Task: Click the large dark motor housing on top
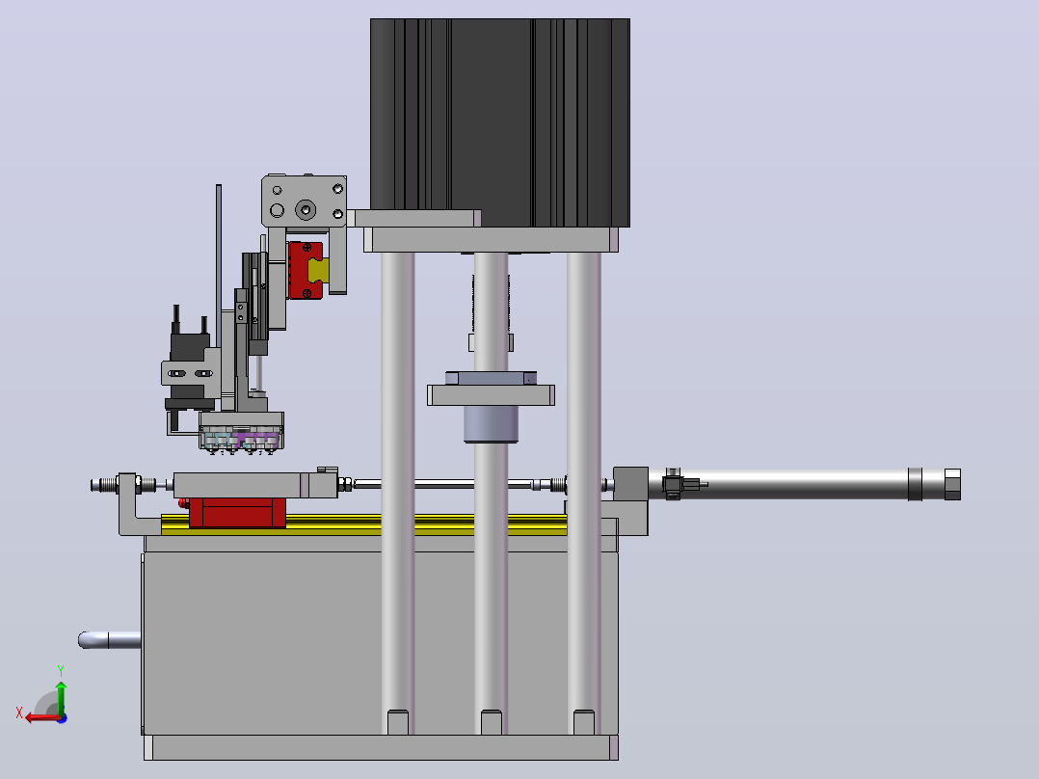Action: (500, 122)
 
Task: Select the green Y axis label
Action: (61, 670)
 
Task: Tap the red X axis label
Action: (19, 712)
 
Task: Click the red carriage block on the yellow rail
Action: (237, 513)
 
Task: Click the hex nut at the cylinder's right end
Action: (952, 484)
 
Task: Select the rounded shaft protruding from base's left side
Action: (109, 640)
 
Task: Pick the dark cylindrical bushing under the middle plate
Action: (491, 423)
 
